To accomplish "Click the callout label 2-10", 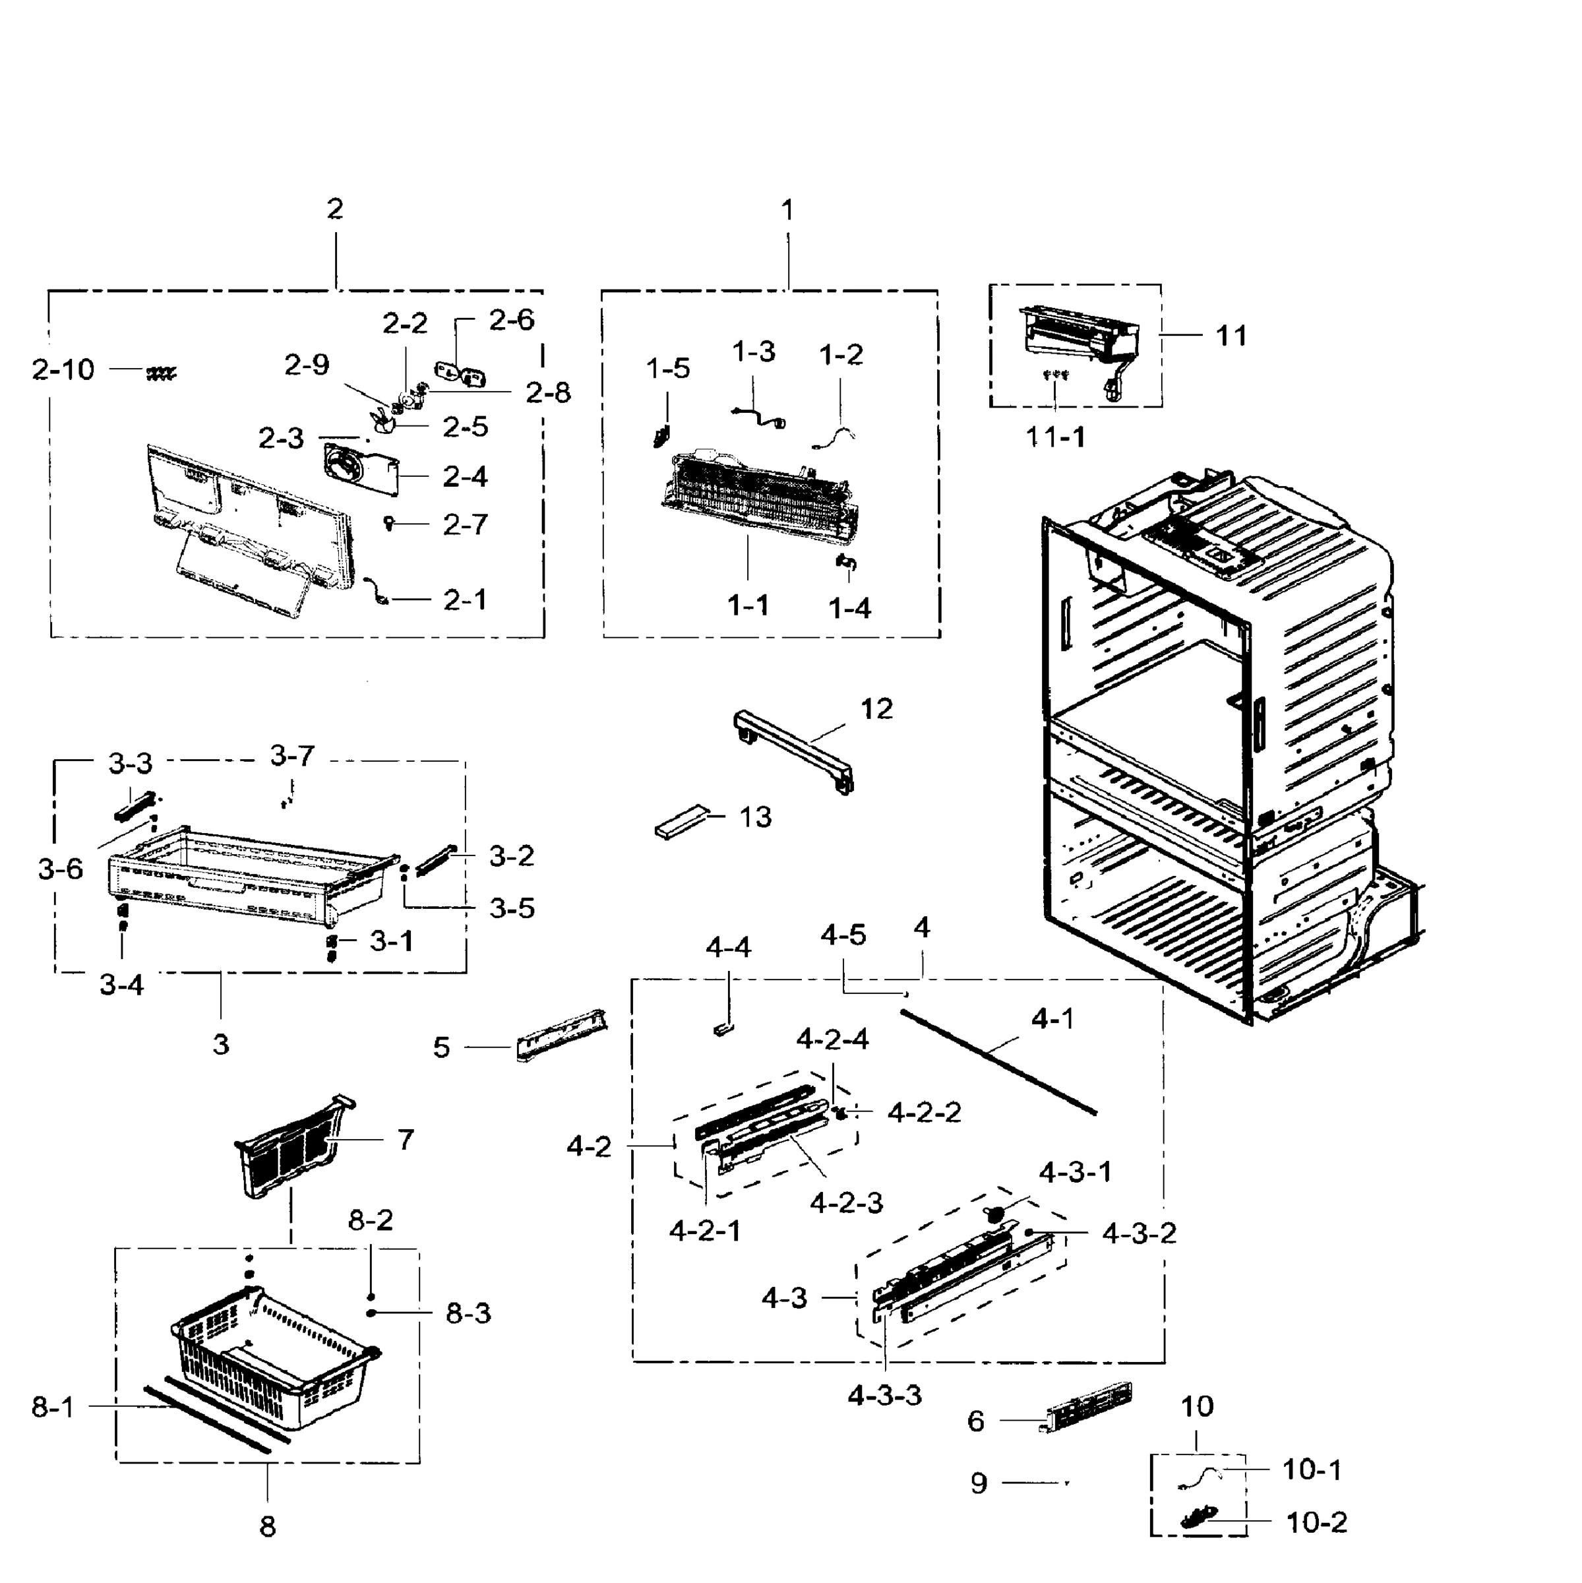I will click(63, 370).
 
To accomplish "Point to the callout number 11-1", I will click(1055, 437).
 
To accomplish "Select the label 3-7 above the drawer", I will click(291, 755).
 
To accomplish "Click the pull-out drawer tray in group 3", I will click(246, 877).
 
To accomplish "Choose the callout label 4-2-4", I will click(832, 1039).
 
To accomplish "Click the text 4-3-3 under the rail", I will click(885, 1396).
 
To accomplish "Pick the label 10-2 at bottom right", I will click(1316, 1522).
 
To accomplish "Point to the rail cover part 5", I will click(561, 1035).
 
